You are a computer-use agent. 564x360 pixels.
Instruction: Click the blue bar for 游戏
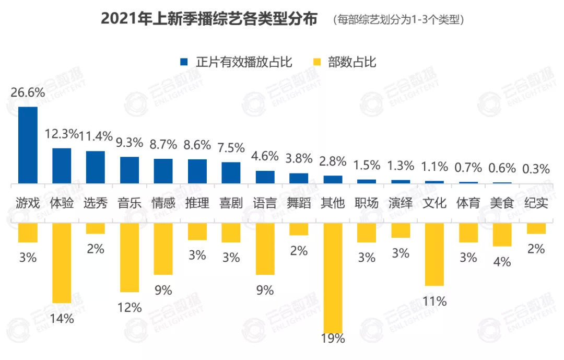click(x=28, y=145)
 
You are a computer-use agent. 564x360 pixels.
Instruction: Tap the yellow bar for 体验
click(x=62, y=263)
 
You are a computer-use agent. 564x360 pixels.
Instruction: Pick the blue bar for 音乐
click(x=130, y=170)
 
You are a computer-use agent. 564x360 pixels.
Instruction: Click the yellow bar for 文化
click(x=434, y=254)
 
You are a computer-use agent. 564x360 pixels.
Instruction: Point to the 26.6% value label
click(x=28, y=92)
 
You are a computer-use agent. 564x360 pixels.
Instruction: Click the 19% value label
click(x=333, y=338)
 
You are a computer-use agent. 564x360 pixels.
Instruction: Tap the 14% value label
click(x=62, y=318)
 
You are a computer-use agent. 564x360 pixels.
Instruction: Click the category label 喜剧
click(x=231, y=203)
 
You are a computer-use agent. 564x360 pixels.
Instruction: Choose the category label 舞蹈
click(x=299, y=203)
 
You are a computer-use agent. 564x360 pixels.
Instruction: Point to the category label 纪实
click(x=536, y=203)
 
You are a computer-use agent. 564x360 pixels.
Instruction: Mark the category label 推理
click(x=197, y=203)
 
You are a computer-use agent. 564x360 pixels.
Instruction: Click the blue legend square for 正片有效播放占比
click(x=184, y=62)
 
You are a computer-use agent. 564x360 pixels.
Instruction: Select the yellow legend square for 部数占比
click(x=317, y=62)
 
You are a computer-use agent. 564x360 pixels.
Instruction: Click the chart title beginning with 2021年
click(x=209, y=19)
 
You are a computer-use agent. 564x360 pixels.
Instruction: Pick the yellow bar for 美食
click(x=502, y=235)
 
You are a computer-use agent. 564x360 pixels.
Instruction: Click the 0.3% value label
click(x=536, y=169)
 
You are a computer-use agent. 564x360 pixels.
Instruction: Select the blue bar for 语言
click(x=265, y=177)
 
